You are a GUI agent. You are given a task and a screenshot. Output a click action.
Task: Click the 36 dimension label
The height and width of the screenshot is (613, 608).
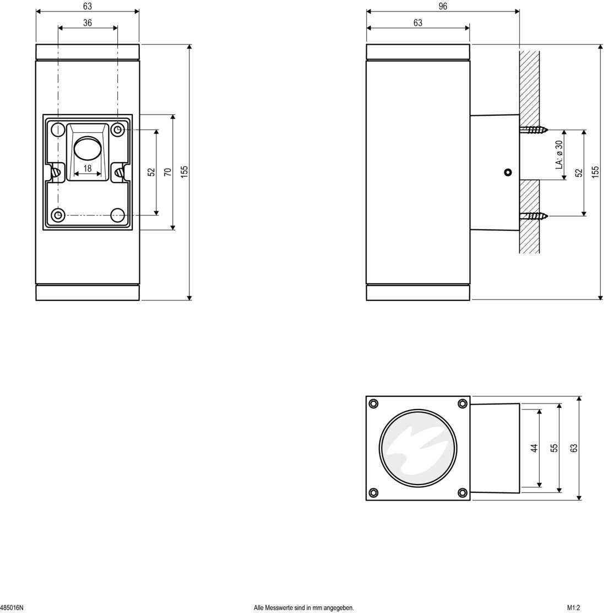(x=88, y=23)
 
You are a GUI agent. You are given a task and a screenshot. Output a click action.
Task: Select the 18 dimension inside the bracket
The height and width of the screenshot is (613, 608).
(x=88, y=168)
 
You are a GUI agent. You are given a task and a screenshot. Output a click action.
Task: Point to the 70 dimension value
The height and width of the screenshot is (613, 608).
(x=168, y=172)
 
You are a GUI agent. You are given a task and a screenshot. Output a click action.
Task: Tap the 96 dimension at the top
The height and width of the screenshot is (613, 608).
(x=443, y=7)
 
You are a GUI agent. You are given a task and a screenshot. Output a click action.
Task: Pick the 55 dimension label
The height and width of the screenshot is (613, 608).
(x=554, y=448)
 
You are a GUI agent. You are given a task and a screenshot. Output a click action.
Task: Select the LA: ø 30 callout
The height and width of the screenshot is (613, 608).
(x=559, y=155)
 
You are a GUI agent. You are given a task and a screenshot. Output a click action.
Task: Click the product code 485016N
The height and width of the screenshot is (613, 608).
(x=12, y=607)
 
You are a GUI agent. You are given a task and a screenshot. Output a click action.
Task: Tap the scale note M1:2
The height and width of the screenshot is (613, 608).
(x=574, y=607)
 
